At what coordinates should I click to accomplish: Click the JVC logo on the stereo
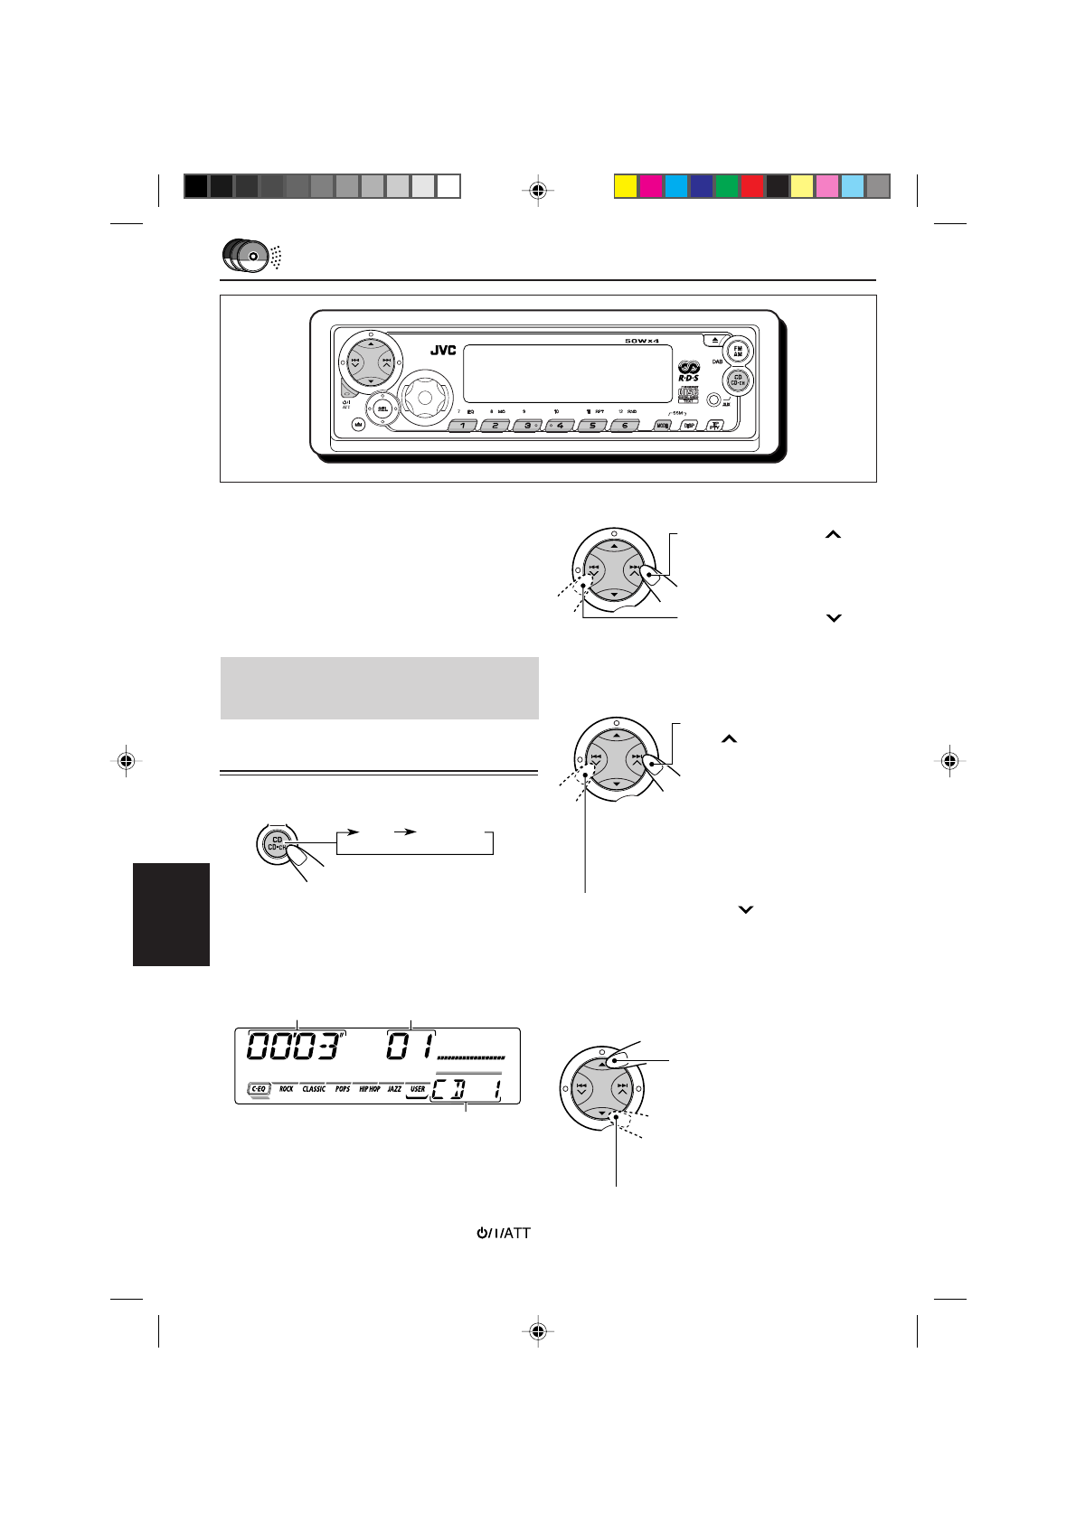[442, 352]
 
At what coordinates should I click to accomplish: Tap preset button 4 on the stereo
[561, 425]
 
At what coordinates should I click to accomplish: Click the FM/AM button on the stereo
[738, 351]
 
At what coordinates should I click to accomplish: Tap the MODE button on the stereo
[663, 426]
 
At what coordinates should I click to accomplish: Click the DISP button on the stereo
[689, 426]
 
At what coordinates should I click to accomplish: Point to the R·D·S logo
[689, 371]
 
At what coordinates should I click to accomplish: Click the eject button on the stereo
[714, 341]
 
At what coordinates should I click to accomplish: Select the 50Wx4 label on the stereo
[642, 341]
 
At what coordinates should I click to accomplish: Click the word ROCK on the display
[286, 1089]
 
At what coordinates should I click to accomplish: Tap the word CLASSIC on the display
[314, 1089]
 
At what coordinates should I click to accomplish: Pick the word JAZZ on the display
[394, 1089]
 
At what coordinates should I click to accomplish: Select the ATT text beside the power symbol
[513, 1232]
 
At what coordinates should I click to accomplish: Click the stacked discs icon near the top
[245, 256]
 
